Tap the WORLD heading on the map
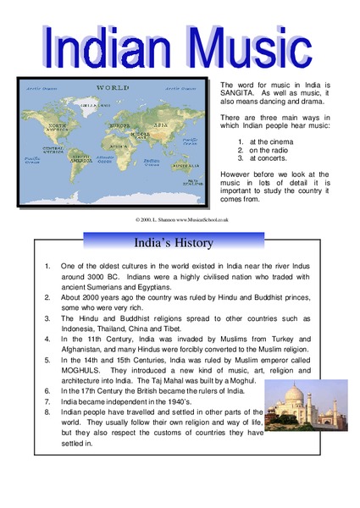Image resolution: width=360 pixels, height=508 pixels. pos(112,87)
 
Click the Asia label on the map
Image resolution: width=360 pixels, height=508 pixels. pos(159,124)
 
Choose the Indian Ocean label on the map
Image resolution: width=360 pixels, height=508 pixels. pos(153,162)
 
